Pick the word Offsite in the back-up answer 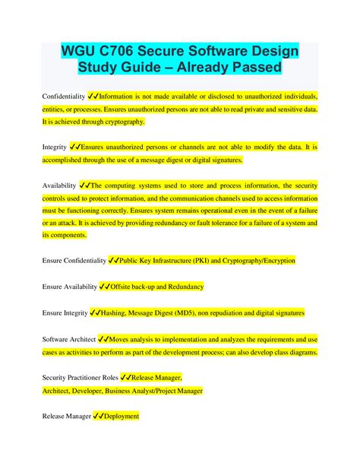coord(125,287)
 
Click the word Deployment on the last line coord(121,417)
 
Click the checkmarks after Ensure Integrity coord(95,312)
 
